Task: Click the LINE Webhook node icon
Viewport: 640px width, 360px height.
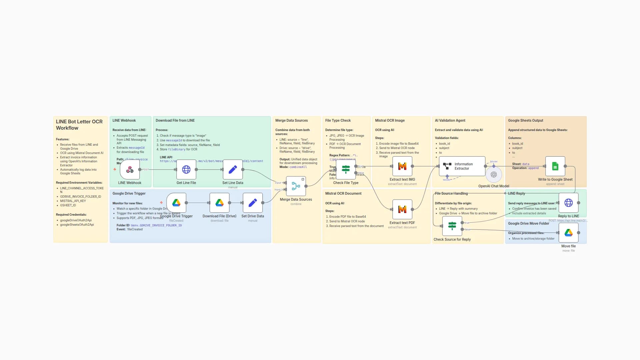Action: click(x=130, y=170)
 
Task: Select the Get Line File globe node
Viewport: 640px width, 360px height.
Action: click(x=186, y=170)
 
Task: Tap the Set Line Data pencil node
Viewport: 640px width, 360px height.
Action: click(x=233, y=170)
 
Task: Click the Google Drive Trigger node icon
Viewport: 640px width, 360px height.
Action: click(x=176, y=203)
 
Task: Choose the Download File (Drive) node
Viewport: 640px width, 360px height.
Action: click(x=219, y=203)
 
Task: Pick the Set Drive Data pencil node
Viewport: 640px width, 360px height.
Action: click(x=253, y=203)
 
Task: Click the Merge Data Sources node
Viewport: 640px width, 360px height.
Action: click(x=296, y=186)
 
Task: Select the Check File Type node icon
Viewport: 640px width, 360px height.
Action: click(x=346, y=169)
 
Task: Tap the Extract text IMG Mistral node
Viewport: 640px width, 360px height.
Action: click(x=402, y=166)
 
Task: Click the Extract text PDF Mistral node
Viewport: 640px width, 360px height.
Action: click(x=402, y=209)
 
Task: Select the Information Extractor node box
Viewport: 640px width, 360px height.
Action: click(x=462, y=166)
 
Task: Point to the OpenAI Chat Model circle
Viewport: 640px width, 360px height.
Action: click(x=494, y=175)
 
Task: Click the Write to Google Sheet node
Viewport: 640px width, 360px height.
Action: click(x=555, y=166)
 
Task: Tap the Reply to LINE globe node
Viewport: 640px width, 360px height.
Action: click(x=568, y=203)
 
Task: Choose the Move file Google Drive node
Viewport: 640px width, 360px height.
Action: click(x=568, y=233)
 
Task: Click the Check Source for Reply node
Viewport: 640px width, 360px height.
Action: click(x=452, y=226)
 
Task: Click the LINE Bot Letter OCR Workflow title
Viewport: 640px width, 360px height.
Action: click(x=79, y=125)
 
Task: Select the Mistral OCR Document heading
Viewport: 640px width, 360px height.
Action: click(x=343, y=193)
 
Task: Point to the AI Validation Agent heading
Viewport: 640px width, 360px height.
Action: click(x=450, y=120)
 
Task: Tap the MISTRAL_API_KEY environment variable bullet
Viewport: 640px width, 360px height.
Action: click(x=73, y=201)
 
